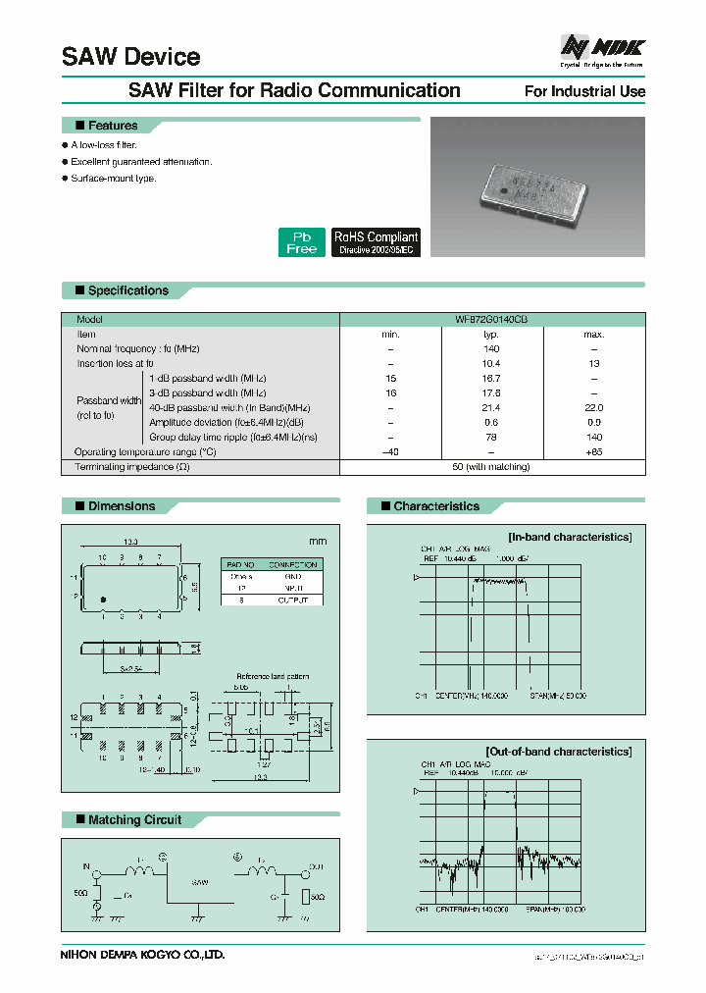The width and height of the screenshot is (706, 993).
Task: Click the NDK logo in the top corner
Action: [x=601, y=48]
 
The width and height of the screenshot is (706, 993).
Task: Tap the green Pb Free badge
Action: [x=301, y=242]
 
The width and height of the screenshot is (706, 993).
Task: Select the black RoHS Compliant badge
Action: [x=376, y=242]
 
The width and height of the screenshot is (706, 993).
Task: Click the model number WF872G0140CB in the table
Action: [x=491, y=320]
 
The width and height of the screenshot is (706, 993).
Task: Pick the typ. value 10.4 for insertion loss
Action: [x=491, y=364]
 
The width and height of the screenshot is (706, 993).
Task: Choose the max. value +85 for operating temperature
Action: [x=594, y=452]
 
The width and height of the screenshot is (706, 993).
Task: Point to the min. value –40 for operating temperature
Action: [x=390, y=452]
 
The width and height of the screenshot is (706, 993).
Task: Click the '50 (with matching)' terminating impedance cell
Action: [x=491, y=467]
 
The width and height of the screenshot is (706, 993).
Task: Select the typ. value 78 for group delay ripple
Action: [x=491, y=438]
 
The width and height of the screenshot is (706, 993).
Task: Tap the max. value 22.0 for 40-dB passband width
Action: [x=594, y=408]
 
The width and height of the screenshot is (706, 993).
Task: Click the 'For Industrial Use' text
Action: [x=584, y=91]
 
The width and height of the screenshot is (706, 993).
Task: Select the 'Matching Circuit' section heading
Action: [x=134, y=820]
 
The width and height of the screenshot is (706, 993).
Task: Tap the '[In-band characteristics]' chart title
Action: [x=570, y=537]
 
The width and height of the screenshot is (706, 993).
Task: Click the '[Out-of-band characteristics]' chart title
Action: [x=557, y=752]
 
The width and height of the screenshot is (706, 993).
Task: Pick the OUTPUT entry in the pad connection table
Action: [x=292, y=600]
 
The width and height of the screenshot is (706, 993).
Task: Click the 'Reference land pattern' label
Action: [x=273, y=677]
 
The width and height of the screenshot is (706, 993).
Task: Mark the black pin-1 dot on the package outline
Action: [x=100, y=600]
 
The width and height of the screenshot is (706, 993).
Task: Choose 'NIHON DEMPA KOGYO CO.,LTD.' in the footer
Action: [x=143, y=954]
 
